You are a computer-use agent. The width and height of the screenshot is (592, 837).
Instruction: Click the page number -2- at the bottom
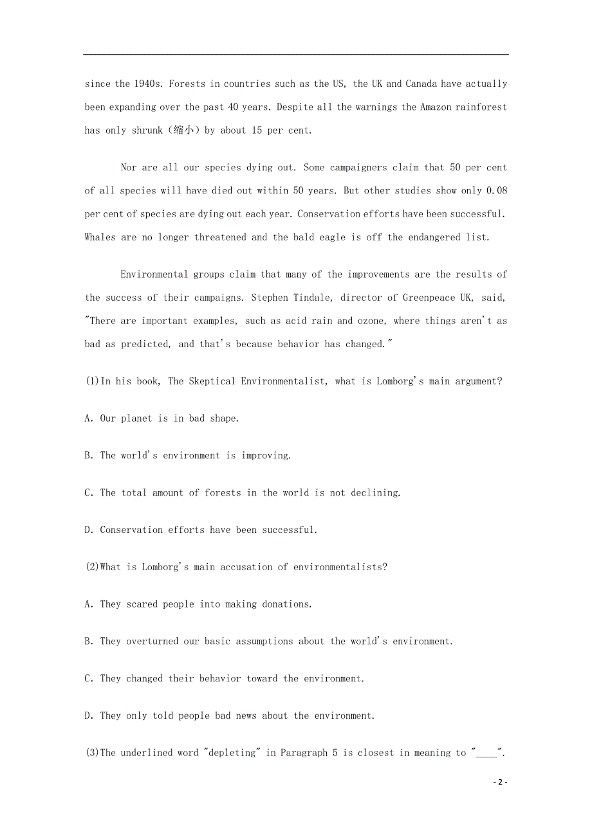(500, 782)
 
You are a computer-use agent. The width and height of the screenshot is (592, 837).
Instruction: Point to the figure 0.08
(497, 191)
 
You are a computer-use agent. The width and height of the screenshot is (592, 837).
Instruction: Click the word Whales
(100, 237)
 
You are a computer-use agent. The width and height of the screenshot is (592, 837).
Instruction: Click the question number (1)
(93, 381)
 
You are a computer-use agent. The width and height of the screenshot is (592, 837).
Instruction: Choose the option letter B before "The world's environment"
(88, 456)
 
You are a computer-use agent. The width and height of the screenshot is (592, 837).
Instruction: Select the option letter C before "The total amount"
(88, 493)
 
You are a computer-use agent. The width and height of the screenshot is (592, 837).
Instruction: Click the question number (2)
(93, 567)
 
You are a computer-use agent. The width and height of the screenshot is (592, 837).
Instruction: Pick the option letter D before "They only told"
(88, 715)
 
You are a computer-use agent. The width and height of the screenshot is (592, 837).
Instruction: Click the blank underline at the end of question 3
(486, 754)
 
